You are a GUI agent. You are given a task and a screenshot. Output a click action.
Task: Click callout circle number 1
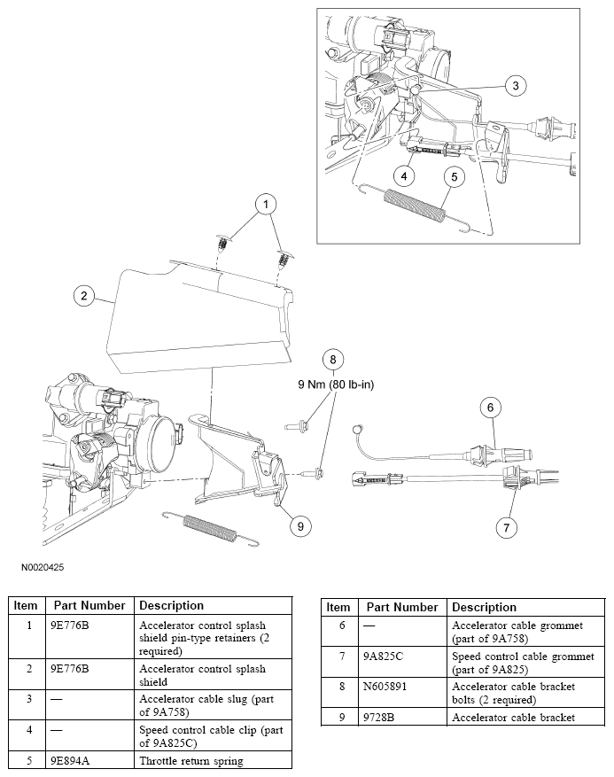click(x=263, y=204)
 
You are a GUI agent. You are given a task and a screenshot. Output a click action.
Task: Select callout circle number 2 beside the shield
click(x=83, y=296)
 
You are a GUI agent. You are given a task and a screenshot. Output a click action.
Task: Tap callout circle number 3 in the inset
click(x=516, y=85)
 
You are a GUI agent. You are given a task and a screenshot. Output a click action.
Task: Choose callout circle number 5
click(x=453, y=176)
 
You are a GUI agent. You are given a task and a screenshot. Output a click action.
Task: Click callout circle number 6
click(x=493, y=407)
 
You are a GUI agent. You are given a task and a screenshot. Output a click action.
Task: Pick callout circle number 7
click(x=506, y=527)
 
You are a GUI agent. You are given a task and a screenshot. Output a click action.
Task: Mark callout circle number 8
click(x=332, y=359)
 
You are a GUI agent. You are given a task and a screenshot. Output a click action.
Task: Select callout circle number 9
click(x=300, y=525)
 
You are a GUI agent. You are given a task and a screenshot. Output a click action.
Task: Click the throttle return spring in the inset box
click(x=414, y=210)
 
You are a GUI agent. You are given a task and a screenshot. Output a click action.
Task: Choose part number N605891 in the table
click(x=387, y=686)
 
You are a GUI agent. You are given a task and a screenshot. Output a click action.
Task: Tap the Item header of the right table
click(x=338, y=607)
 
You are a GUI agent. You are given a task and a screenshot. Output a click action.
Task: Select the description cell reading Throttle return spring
click(x=191, y=760)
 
